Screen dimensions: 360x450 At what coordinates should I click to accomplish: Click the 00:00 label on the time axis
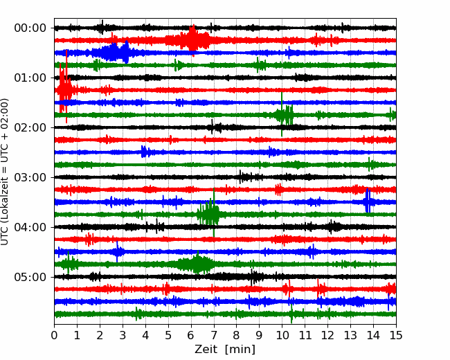click(30, 28)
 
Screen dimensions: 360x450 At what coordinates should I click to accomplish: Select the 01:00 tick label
click(30, 78)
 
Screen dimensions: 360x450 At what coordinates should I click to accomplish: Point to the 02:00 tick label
click(30, 127)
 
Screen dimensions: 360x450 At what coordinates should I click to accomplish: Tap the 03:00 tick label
click(30, 177)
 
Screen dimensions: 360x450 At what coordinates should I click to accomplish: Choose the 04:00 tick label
click(30, 227)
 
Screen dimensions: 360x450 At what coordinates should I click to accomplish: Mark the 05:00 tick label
click(30, 277)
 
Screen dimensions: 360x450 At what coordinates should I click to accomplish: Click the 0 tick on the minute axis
click(55, 336)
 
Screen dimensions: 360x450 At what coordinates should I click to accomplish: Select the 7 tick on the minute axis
click(214, 336)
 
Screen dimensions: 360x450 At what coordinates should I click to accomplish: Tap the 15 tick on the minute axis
click(395, 336)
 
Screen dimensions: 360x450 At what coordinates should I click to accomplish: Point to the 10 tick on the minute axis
click(282, 336)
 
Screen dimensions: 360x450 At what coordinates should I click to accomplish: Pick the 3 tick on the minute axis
click(123, 336)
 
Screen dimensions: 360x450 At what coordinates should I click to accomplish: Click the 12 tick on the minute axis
click(327, 336)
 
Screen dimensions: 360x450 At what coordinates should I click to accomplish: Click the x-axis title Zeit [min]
click(225, 350)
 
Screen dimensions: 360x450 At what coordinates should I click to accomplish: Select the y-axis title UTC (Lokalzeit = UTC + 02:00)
click(6, 172)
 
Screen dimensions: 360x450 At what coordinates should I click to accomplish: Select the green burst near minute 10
click(284, 114)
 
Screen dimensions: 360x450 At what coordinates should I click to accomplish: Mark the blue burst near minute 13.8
click(368, 201)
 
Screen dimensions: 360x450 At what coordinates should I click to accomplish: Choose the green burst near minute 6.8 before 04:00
click(209, 214)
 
